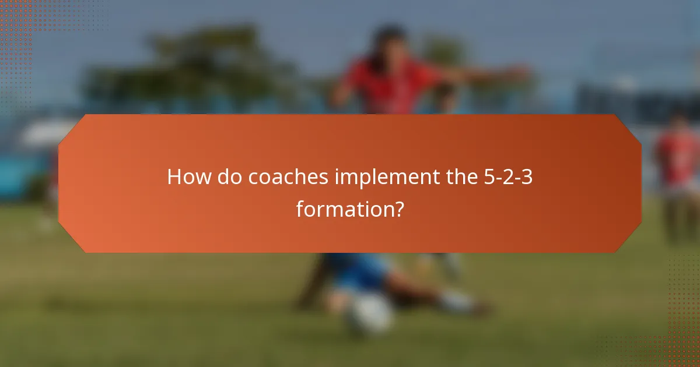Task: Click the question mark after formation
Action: click(x=397, y=209)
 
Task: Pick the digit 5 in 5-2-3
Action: click(x=489, y=177)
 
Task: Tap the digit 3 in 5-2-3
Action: click(x=526, y=177)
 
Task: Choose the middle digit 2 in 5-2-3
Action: click(x=508, y=177)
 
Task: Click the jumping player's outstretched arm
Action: click(x=490, y=75)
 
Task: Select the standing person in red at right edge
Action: click(x=677, y=169)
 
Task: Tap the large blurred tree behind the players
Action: click(x=192, y=70)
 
